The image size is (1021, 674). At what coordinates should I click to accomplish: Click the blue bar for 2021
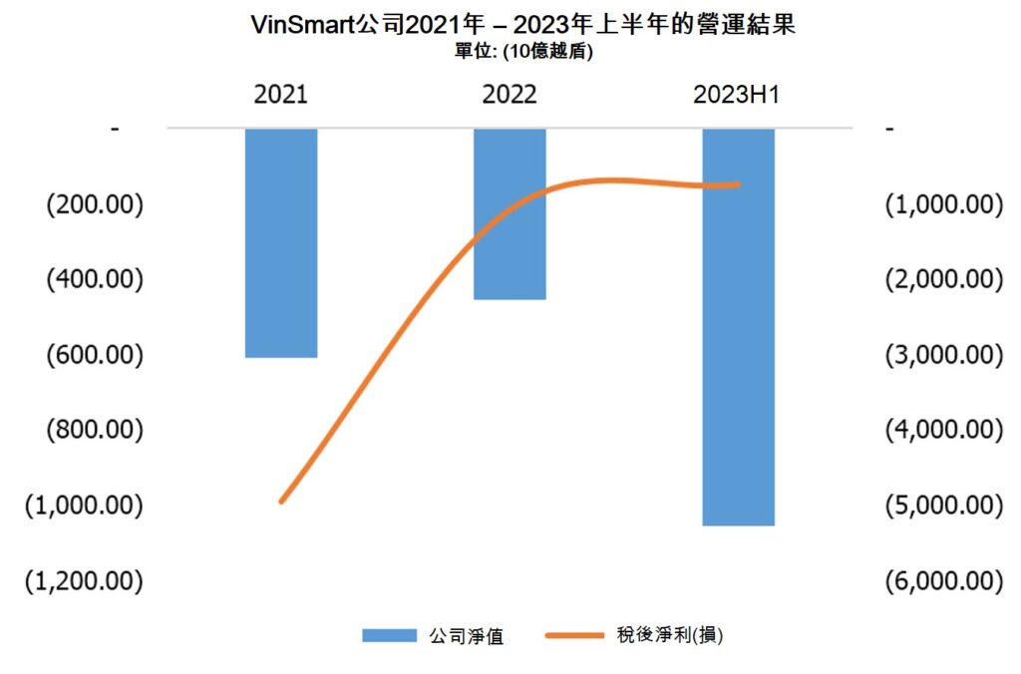point(281,242)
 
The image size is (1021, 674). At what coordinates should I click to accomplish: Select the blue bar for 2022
point(510,213)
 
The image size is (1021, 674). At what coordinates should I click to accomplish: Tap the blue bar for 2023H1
point(738,326)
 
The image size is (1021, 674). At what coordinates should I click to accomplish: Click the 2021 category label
point(281,95)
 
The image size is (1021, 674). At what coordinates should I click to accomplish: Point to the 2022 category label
point(510,95)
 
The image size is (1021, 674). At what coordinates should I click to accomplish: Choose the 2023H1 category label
point(737,95)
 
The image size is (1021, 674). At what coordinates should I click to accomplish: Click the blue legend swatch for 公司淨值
point(390,635)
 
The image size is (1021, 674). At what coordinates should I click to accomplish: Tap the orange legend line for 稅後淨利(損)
point(576,635)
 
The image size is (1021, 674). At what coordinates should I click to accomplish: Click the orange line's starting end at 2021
point(281,502)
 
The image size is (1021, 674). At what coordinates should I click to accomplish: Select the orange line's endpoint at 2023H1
point(739,183)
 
